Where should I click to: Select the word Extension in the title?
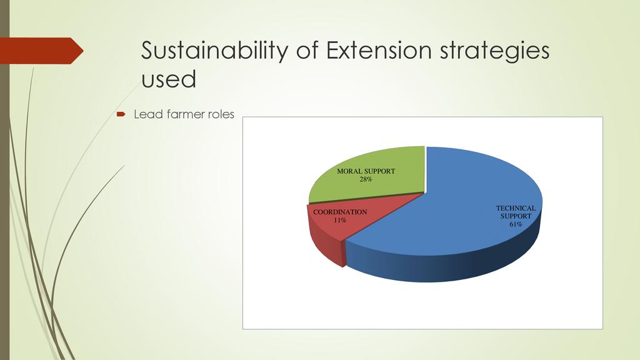[378, 50]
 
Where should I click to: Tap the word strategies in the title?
[495, 52]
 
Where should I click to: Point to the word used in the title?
[169, 79]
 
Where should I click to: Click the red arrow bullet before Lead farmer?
[121, 114]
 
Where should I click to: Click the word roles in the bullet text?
[221, 114]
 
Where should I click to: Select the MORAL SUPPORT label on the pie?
[366, 171]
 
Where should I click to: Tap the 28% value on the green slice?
[366, 179]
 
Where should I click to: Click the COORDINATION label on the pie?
[340, 212]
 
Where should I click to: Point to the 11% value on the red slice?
[340, 221]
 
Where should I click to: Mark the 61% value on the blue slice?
[516, 224]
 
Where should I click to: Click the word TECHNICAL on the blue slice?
[516, 208]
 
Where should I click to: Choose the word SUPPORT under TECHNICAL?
[516, 216]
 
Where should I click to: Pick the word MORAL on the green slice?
[347, 171]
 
